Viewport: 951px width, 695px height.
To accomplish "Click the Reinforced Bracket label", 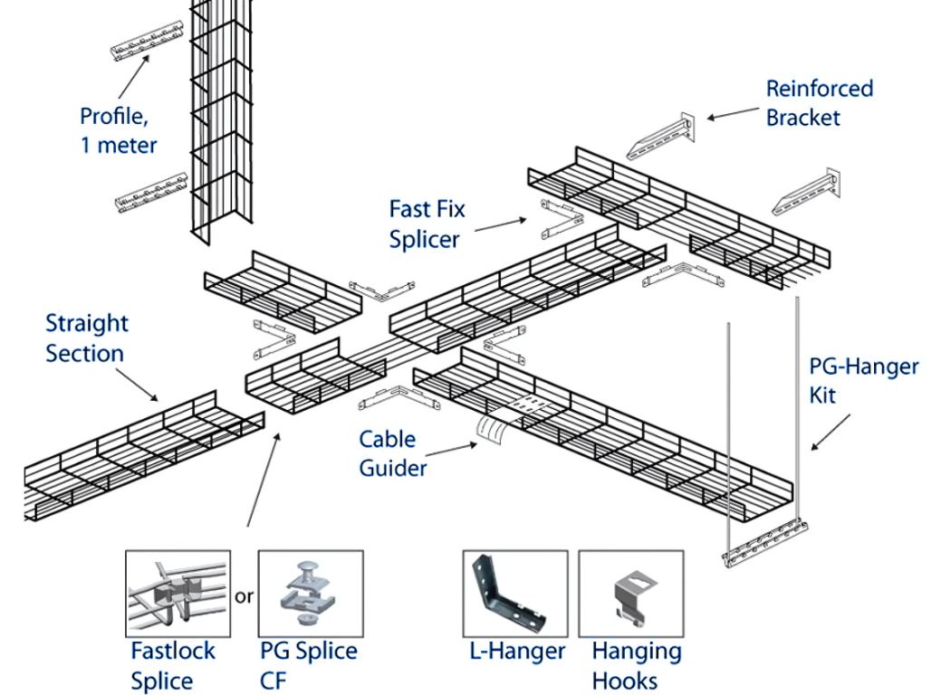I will [819, 103].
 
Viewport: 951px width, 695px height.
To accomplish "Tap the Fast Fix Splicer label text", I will [427, 224].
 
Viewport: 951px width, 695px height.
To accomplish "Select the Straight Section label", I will [86, 338].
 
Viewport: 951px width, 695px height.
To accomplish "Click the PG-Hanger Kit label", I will [863, 380].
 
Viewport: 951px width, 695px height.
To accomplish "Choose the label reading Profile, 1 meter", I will [118, 130].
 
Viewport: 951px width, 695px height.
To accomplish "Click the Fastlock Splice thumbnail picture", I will [178, 593].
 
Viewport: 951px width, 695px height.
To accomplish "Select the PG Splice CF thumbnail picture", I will [310, 593].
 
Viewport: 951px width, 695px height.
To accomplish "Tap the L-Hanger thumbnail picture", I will [514, 593].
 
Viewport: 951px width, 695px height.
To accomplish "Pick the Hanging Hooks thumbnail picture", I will [630, 593].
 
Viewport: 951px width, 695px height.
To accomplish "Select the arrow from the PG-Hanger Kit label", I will [831, 432].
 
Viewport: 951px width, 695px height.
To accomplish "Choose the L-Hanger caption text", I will [516, 651].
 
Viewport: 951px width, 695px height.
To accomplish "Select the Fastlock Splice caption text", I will [173, 665].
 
